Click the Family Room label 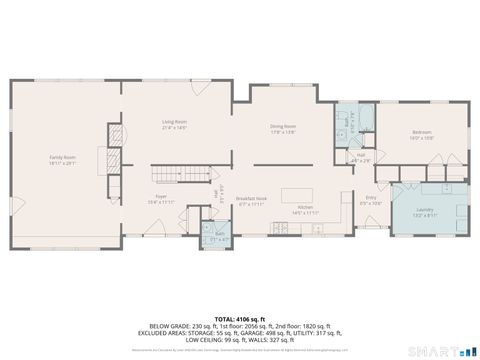[x=63, y=159]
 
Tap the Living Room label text [x=175, y=125]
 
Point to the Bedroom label [x=421, y=135]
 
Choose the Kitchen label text [x=304, y=210]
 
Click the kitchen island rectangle [x=296, y=194]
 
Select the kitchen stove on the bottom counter [x=282, y=231]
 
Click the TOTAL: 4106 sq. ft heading [x=240, y=317]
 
